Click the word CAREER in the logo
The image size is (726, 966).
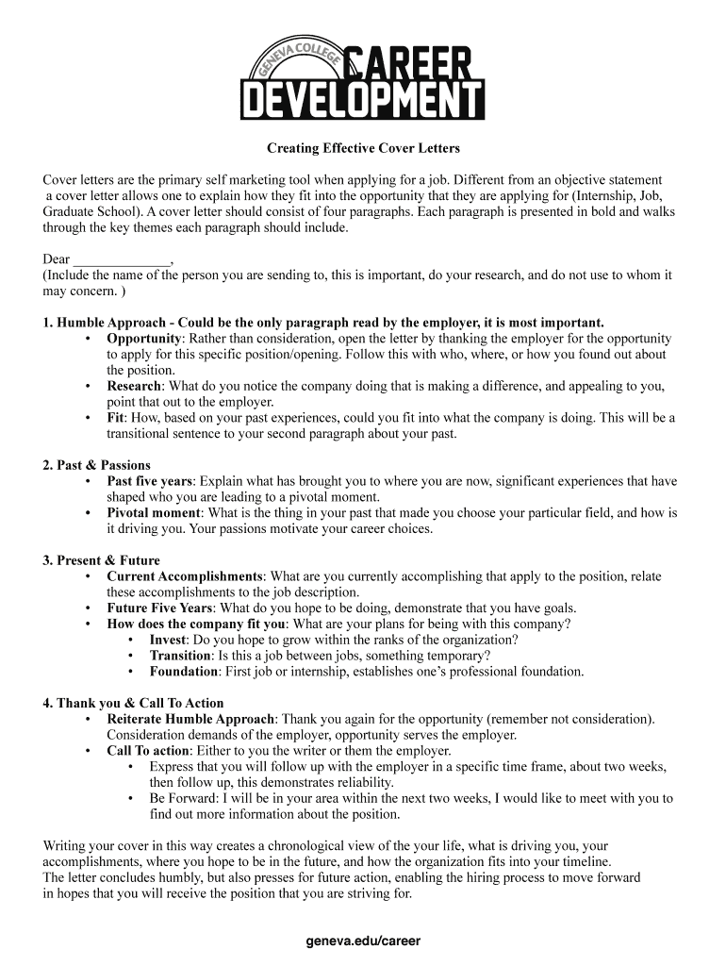point(409,65)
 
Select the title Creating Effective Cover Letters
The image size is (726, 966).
point(363,148)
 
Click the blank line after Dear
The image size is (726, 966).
point(122,259)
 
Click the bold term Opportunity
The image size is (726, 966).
point(143,338)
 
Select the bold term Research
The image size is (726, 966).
point(134,386)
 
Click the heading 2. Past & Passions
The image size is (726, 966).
point(96,465)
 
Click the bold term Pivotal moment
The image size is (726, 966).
point(154,513)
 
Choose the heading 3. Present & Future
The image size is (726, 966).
point(101,560)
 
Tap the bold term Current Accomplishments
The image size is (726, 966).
point(185,576)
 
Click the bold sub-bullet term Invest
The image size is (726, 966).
point(168,640)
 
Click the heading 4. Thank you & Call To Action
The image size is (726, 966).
point(133,703)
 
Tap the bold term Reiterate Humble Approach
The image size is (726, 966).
point(191,719)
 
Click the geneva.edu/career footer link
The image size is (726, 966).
point(363,941)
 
